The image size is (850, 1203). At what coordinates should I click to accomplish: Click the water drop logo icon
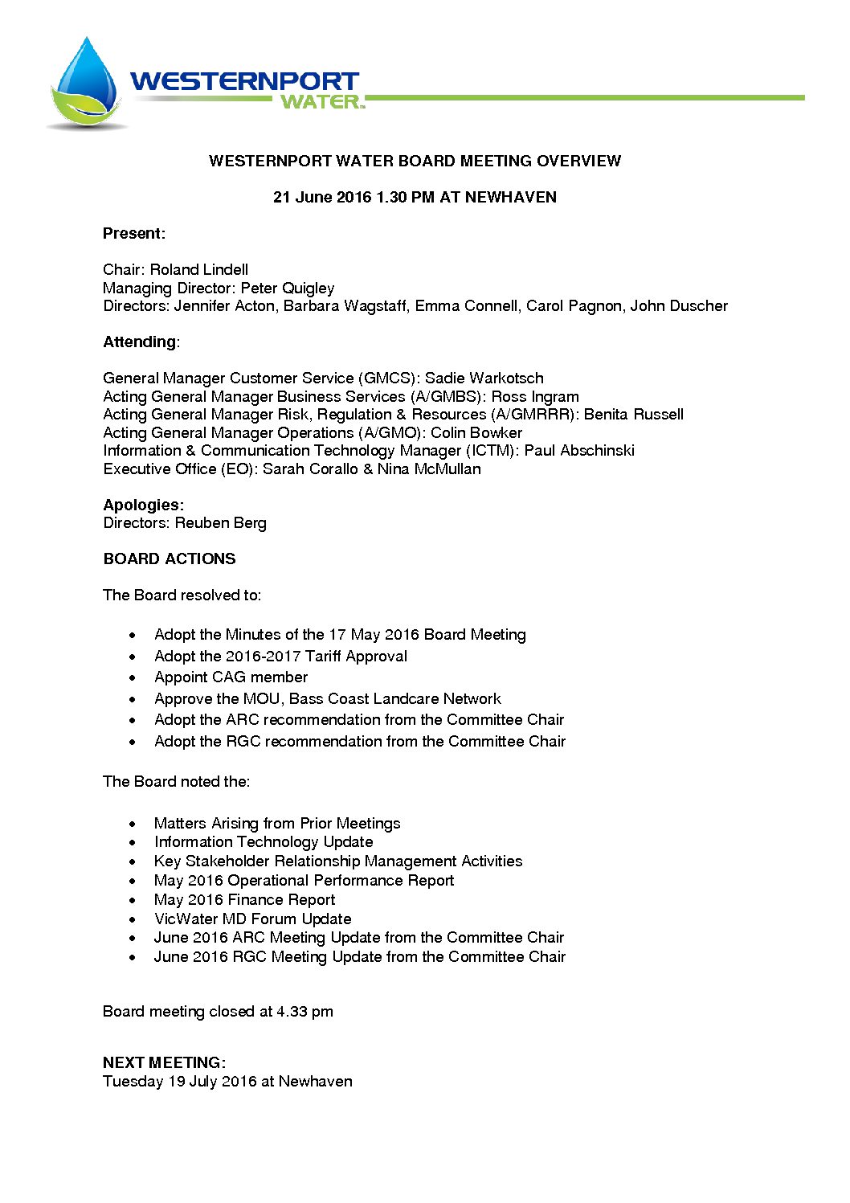point(86,84)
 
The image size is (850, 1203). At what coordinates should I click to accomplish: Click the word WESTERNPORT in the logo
point(244,81)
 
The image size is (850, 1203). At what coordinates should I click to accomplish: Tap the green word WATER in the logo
point(320,102)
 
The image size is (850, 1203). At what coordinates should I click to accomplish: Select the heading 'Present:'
point(134,234)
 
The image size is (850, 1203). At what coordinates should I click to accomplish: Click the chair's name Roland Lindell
point(199,270)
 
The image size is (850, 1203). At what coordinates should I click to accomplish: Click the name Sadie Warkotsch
point(484,378)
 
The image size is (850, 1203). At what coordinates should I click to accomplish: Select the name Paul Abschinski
point(579,451)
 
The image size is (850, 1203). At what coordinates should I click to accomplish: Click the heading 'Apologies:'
point(144,505)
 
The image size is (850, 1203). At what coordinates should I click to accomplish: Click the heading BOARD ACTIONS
point(170,559)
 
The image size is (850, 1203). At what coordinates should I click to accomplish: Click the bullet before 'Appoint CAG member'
point(133,678)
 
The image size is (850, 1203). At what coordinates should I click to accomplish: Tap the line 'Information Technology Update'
point(264,842)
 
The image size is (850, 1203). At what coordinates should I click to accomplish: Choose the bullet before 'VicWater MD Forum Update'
point(133,919)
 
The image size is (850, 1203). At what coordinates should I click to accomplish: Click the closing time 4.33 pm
point(304,1012)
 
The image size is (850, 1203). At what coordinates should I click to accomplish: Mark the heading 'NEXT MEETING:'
point(164,1062)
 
